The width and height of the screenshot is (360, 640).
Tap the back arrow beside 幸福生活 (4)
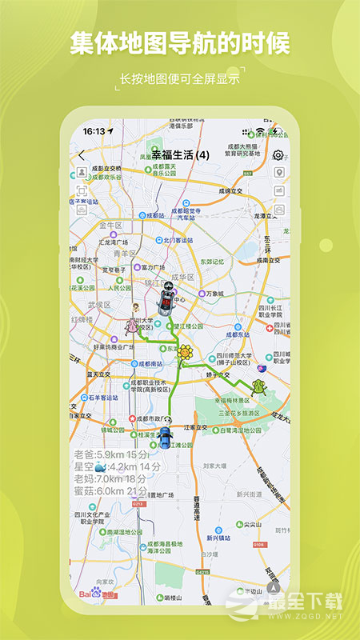81,155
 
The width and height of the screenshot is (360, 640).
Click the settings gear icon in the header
278,155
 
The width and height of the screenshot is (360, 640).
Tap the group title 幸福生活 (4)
180,154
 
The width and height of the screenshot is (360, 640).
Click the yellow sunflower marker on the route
185,352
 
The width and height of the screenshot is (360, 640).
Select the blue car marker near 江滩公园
165,437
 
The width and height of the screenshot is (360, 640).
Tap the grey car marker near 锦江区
166,302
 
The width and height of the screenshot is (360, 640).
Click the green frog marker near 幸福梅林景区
258,387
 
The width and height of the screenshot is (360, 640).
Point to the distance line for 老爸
106,454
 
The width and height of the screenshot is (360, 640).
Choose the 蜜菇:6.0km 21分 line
110,490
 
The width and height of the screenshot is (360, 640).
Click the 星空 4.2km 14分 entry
118,466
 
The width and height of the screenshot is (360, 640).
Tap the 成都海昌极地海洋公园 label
165,547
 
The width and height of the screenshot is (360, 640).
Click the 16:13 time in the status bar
94,130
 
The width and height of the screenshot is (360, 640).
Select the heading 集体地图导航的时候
179,44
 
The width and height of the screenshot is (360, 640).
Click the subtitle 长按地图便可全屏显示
179,78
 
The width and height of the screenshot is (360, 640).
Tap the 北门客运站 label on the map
175,240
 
